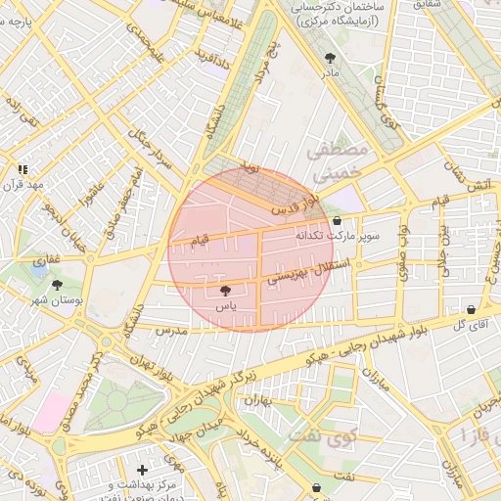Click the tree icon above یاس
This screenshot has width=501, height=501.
click(x=226, y=291)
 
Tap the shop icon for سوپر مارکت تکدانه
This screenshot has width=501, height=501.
click(x=338, y=222)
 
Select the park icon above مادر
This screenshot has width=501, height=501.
click(x=329, y=58)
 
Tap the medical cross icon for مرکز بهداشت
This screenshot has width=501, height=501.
click(x=143, y=471)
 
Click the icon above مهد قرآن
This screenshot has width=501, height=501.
click(x=23, y=169)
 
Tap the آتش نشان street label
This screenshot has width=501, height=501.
click(x=457, y=174)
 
